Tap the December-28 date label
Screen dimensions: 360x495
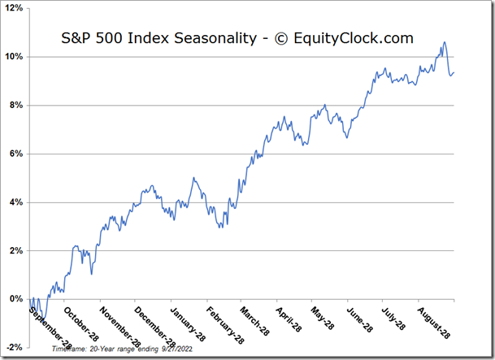[x=152, y=327]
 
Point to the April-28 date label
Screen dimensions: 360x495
[x=292, y=322]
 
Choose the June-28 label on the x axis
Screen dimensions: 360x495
[x=361, y=322]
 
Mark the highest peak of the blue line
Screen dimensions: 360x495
[x=444, y=42]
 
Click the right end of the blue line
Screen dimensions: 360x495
[x=454, y=73]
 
